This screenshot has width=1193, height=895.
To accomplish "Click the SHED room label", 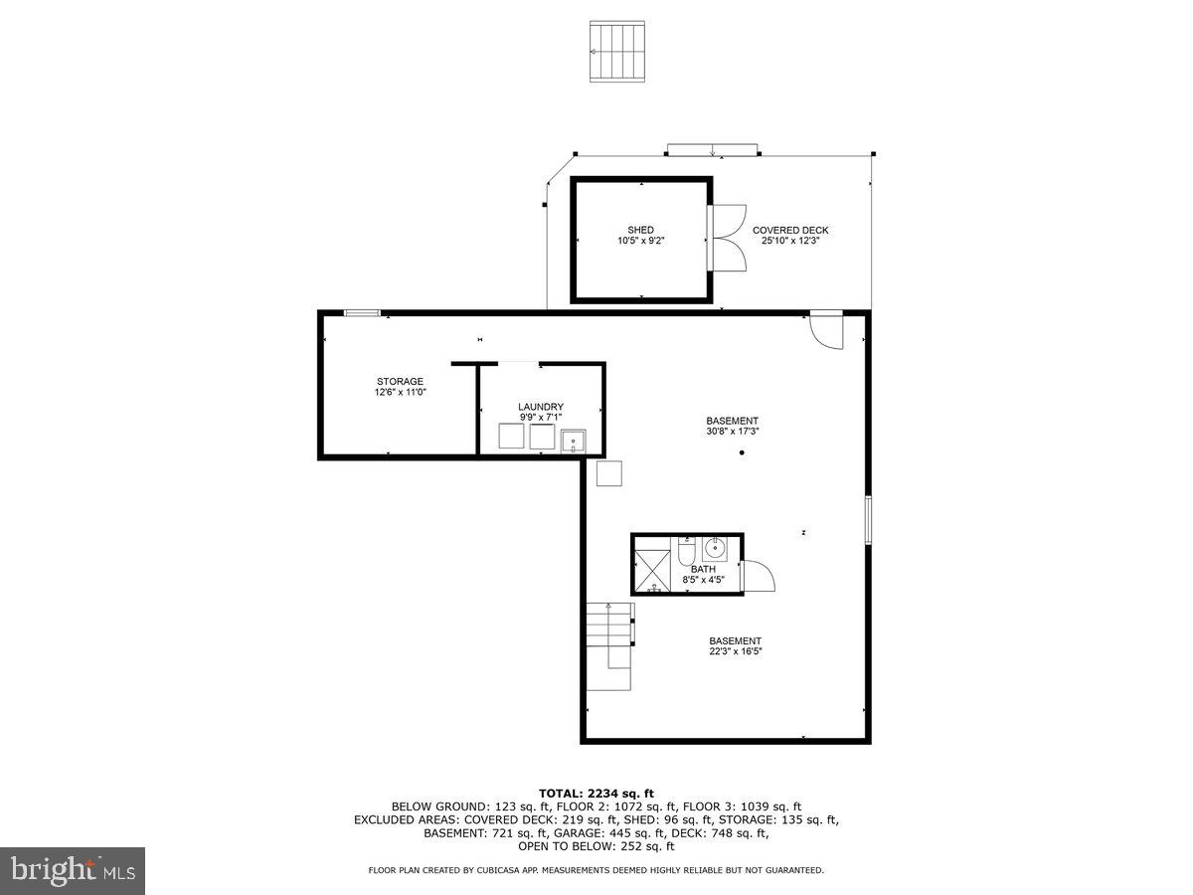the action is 640,230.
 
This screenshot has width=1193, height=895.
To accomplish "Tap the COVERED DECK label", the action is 789,230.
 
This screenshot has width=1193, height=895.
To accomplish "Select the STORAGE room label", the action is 400,381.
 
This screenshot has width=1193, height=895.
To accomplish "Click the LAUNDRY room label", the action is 541,407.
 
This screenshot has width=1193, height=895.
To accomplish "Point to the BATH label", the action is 703,569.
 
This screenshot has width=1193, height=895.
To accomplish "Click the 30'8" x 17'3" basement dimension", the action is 733,432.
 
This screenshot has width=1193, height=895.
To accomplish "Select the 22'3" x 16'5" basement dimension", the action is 735,651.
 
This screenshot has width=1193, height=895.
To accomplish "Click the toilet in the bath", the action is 686,551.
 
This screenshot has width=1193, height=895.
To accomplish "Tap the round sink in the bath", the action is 714,547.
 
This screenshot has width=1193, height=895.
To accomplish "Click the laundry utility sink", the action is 574,441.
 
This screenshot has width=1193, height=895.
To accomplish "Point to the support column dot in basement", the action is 742,453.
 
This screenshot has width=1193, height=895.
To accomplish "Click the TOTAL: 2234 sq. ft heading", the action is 596,793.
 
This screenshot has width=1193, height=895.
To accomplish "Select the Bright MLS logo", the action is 73,870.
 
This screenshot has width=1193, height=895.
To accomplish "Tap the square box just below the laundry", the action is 608,473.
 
